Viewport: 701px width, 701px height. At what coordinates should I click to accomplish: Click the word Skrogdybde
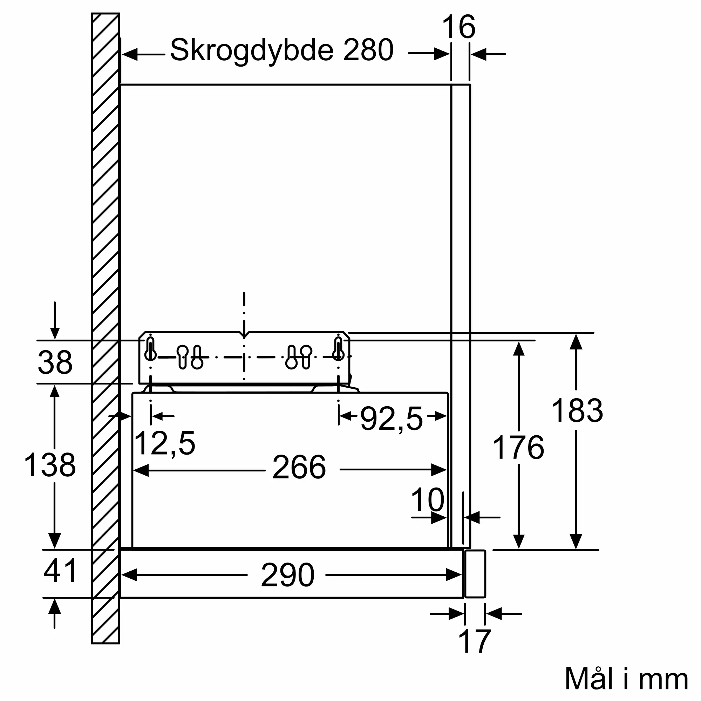[251, 51]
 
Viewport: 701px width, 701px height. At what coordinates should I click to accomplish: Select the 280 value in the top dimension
[368, 50]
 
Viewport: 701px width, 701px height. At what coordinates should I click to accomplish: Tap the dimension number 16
[458, 27]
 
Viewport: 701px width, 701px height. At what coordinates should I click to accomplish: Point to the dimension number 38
[55, 362]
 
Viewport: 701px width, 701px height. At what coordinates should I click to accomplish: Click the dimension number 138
[50, 465]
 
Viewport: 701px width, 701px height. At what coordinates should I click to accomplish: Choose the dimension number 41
[60, 571]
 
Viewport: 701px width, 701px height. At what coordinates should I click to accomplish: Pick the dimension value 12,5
[164, 443]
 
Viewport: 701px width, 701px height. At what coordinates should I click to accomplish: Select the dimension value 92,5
[392, 419]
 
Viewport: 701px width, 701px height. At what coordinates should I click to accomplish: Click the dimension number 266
[299, 467]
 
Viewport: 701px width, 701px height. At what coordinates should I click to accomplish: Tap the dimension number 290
[287, 575]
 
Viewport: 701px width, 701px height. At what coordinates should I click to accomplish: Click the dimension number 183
[577, 410]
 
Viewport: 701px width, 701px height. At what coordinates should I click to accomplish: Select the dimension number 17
[475, 641]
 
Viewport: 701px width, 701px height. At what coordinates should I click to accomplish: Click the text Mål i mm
[627, 679]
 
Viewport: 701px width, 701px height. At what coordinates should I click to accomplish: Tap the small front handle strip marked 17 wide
[475, 574]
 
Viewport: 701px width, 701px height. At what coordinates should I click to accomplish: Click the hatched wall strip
[106, 329]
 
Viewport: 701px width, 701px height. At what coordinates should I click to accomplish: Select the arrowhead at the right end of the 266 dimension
[439, 470]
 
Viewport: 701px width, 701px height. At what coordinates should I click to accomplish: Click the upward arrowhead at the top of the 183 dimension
[576, 342]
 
